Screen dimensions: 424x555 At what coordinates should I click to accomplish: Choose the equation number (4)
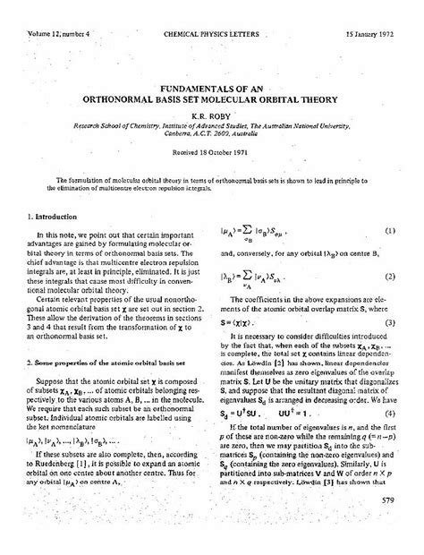pyautogui.click(x=391, y=414)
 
